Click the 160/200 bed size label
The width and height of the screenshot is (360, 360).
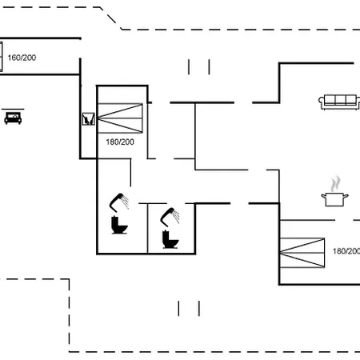tap(22, 58)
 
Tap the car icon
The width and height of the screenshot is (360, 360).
tap(13, 118)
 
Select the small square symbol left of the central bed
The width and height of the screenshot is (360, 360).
tap(88, 119)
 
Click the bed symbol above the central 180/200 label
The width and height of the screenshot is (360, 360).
tap(120, 118)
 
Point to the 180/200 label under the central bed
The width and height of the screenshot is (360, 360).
tap(120, 142)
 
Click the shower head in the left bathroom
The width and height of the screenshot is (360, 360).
tap(119, 202)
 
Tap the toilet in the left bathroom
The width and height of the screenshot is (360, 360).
tap(119, 226)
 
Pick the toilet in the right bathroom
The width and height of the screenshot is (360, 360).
tap(170, 239)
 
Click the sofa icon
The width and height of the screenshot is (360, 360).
tap(339, 102)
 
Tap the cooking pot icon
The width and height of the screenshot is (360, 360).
tap(334, 199)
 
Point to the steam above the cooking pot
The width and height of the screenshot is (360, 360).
tap(336, 183)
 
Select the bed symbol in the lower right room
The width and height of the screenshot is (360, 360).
tap(302, 253)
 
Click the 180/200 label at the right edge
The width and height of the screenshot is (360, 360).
tap(346, 251)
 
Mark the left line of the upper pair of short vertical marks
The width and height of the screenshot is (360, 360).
tap(189, 67)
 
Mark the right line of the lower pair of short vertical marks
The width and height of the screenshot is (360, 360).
tap(199, 309)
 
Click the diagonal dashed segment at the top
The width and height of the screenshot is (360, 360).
tap(111, 18)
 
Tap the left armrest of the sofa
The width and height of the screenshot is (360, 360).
tap(322, 102)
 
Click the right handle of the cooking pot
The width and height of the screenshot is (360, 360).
tap(346, 197)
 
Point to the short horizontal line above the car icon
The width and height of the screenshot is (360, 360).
tap(13, 109)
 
